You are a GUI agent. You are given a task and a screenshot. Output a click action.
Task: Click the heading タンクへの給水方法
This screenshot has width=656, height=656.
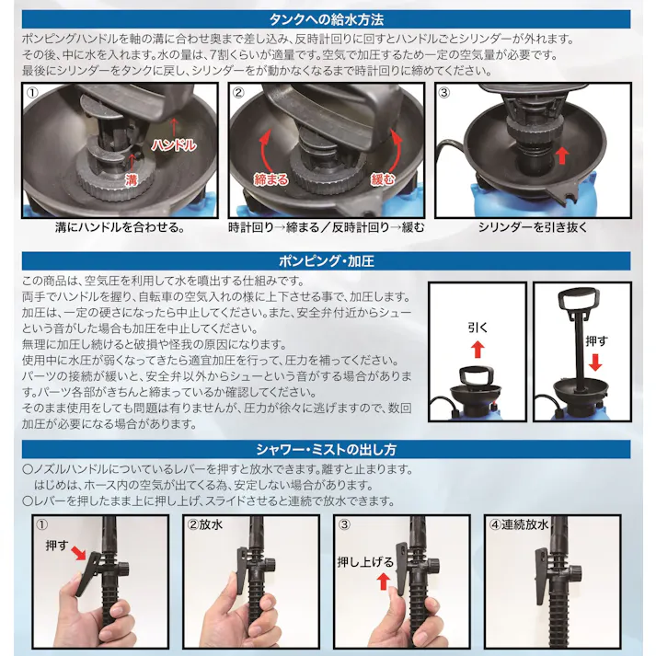[327, 17]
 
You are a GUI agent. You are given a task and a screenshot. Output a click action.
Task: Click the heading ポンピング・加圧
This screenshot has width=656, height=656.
[327, 260]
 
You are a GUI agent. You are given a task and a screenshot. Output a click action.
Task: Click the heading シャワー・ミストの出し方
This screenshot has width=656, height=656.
[327, 450]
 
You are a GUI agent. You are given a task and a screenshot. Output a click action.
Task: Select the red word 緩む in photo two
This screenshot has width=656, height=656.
[384, 178]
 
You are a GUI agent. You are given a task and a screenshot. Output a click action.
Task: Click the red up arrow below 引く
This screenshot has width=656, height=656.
[476, 348]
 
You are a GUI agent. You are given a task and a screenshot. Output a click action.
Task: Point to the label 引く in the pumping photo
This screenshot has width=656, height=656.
[476, 325]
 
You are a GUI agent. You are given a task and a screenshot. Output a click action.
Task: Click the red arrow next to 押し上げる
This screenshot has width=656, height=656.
[382, 580]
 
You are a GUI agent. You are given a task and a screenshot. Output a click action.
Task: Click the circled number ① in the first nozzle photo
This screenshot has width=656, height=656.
[40, 526]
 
